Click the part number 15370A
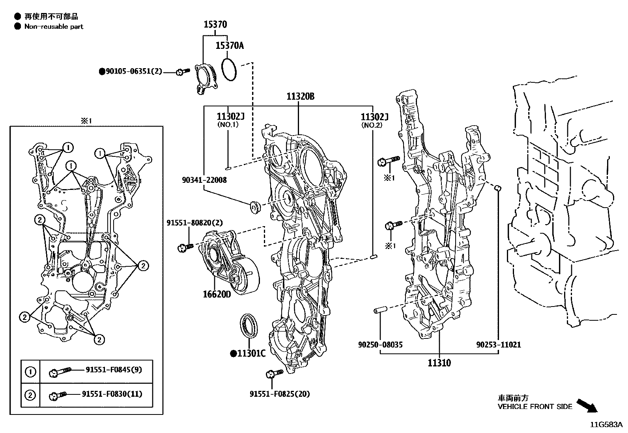(x=230, y=46)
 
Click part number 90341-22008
(x=204, y=180)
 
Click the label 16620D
(x=217, y=294)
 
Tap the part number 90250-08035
(x=380, y=345)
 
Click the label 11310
(x=439, y=363)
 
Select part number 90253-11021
(x=498, y=345)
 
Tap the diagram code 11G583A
(x=606, y=425)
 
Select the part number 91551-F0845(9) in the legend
(x=114, y=370)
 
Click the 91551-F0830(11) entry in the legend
(x=112, y=394)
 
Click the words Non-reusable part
(x=54, y=27)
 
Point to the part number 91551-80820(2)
(x=194, y=223)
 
